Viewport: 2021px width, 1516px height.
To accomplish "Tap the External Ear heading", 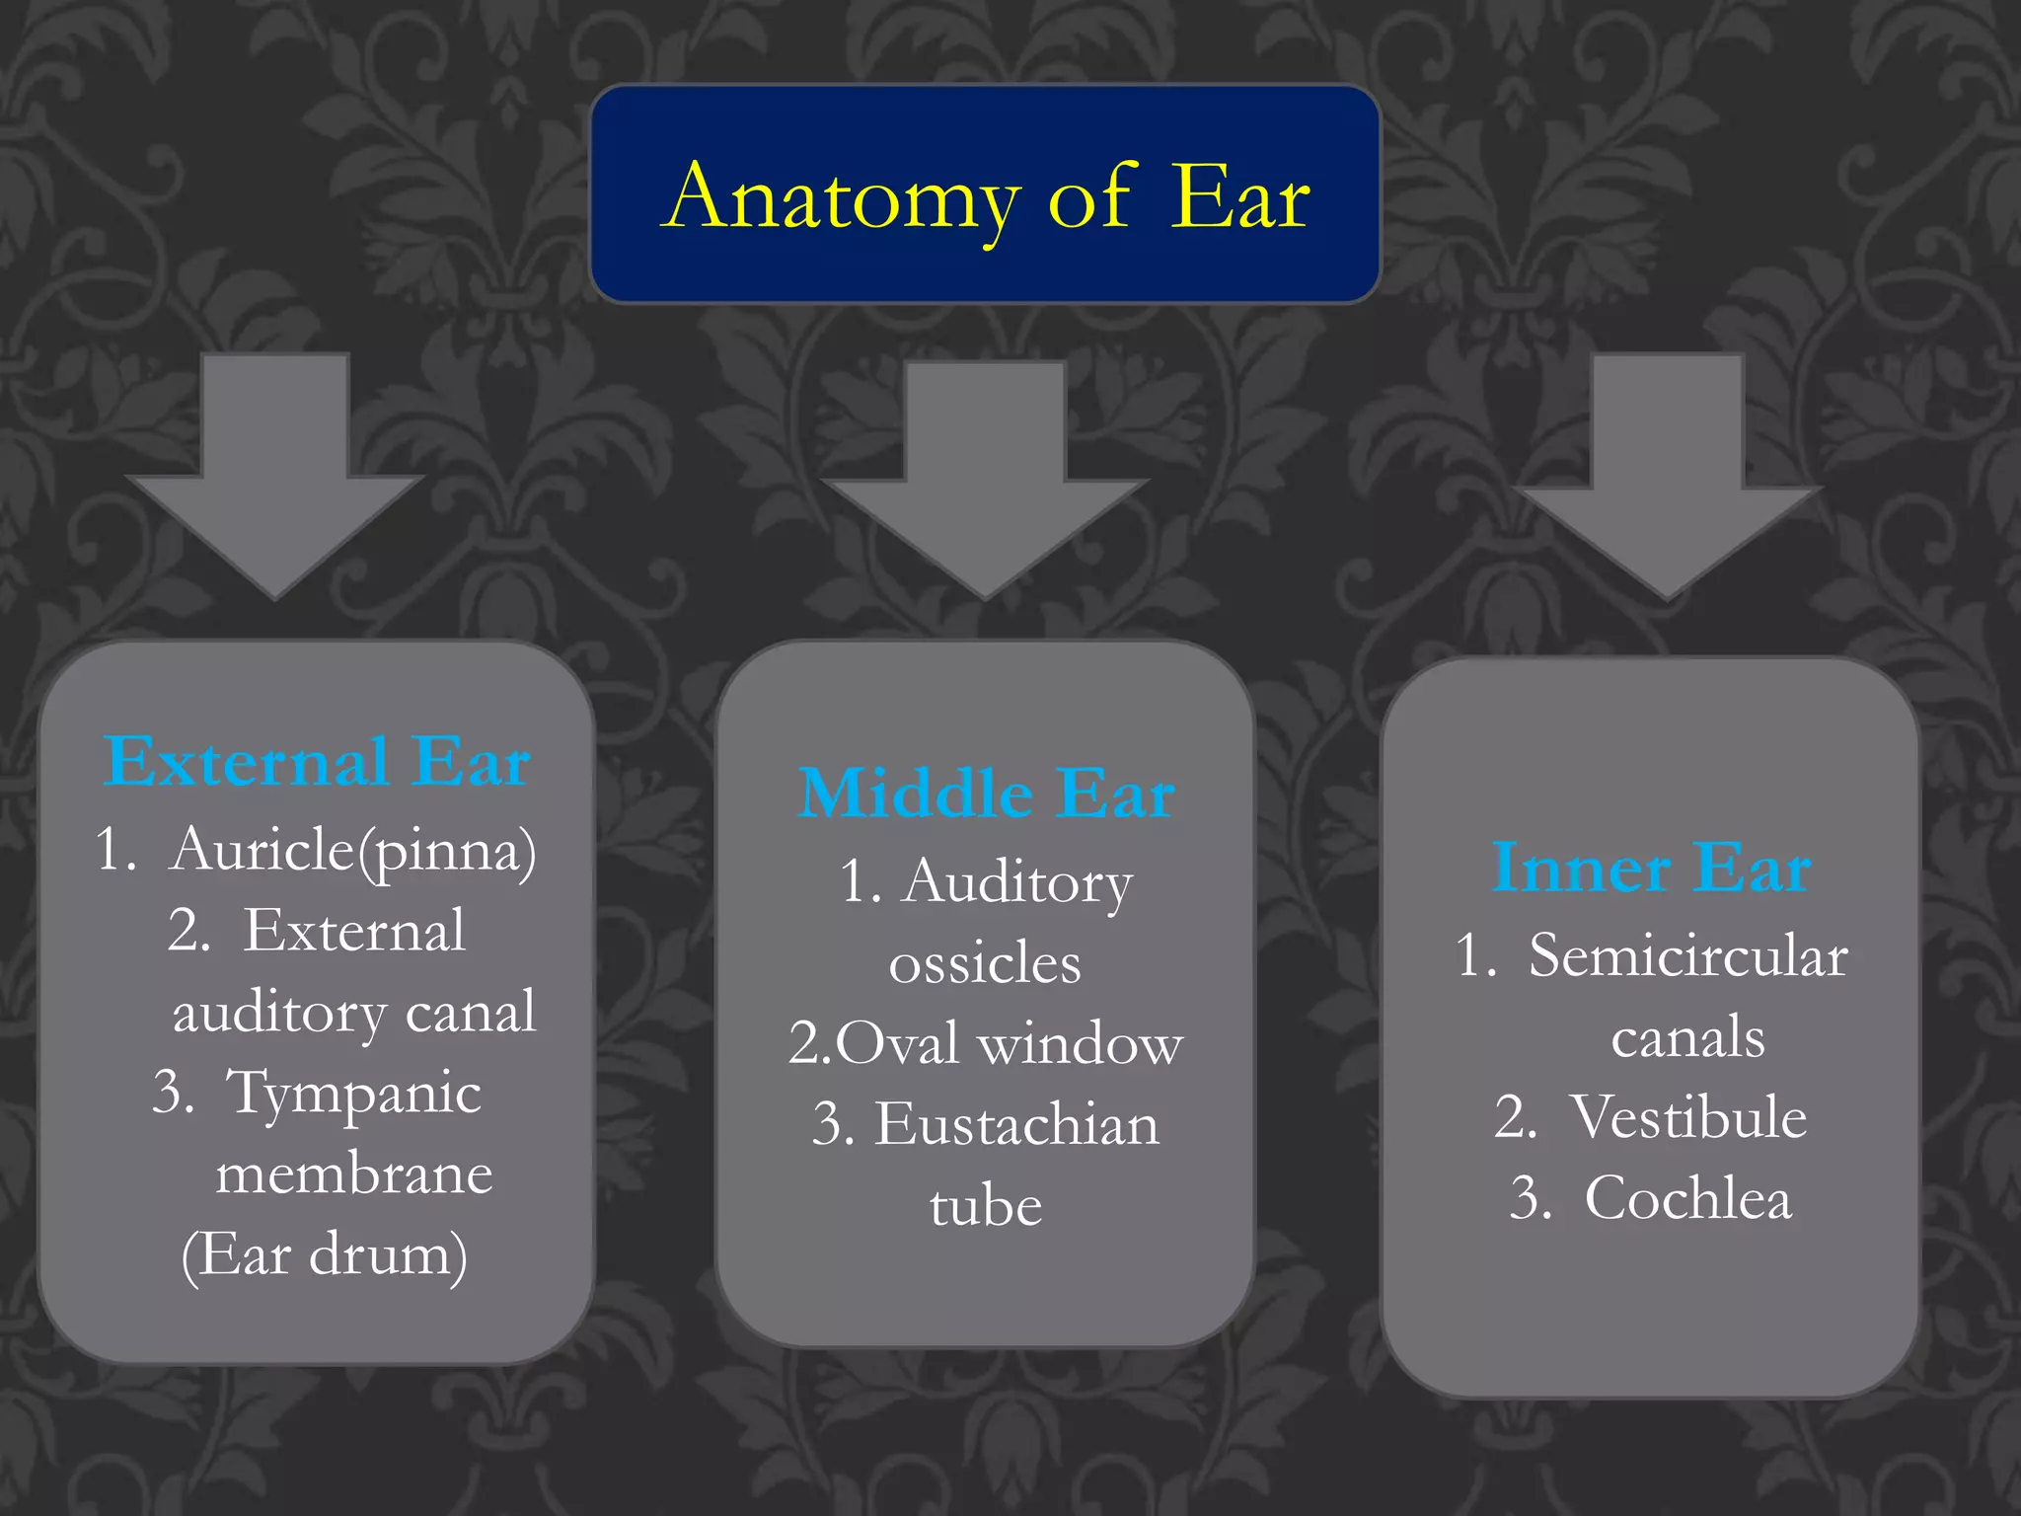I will [x=317, y=762].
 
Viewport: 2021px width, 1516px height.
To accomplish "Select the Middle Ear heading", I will [x=986, y=794].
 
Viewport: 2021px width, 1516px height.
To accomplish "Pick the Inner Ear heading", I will [x=1651, y=869].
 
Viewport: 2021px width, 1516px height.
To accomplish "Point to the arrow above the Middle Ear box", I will [x=985, y=480].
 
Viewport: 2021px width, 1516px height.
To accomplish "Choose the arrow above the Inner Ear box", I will [x=1668, y=478].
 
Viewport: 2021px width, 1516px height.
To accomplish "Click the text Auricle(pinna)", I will [x=352, y=849].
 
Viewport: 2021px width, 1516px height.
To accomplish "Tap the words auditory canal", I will [x=354, y=1012].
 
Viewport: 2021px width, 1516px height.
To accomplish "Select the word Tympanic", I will [x=353, y=1093].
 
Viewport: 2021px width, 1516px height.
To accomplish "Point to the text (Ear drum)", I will [x=325, y=1254].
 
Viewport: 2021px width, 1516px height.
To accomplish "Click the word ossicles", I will [x=985, y=963].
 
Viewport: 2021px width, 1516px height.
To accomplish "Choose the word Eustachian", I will [x=1016, y=1124].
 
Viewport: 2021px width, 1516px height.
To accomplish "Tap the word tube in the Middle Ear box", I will [x=986, y=1206].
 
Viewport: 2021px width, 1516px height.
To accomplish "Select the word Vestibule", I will [x=1688, y=1117].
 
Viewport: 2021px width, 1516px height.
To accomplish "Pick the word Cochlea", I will [x=1688, y=1198].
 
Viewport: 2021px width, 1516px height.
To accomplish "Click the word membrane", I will [x=354, y=1174].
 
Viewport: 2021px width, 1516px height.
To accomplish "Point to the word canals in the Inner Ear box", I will [x=1687, y=1037].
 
